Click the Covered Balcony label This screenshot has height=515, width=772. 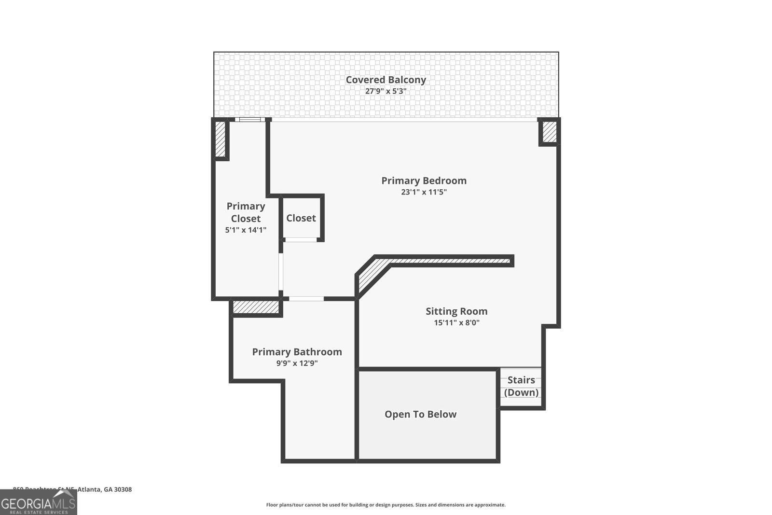pos(386,80)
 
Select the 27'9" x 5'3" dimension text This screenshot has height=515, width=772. pos(386,91)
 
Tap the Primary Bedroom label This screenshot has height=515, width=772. pos(424,181)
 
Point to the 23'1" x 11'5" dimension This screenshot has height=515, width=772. pos(424,192)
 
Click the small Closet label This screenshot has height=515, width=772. pos(301,218)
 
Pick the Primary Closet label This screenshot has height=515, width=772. pos(246,212)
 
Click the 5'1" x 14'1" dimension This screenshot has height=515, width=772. pos(246,230)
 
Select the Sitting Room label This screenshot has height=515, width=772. pos(456,311)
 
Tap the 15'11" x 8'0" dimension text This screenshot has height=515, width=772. pos(456,323)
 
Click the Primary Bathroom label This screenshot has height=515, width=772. pos(297,352)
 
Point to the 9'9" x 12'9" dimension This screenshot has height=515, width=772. pos(297,363)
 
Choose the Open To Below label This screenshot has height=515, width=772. pos(420,414)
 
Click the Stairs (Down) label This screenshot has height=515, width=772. pos(521,386)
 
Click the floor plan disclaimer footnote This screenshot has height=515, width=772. pos(386,505)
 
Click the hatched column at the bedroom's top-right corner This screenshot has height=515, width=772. pos(549,132)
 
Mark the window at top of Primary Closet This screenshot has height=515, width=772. pos(250,120)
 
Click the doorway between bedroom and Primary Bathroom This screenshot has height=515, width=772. pos(306,299)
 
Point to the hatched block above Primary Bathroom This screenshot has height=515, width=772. pos(256,307)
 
